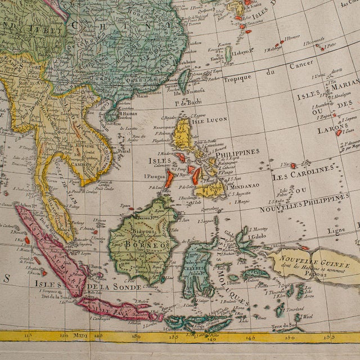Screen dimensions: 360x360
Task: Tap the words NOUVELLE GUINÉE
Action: coord(314,263)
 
